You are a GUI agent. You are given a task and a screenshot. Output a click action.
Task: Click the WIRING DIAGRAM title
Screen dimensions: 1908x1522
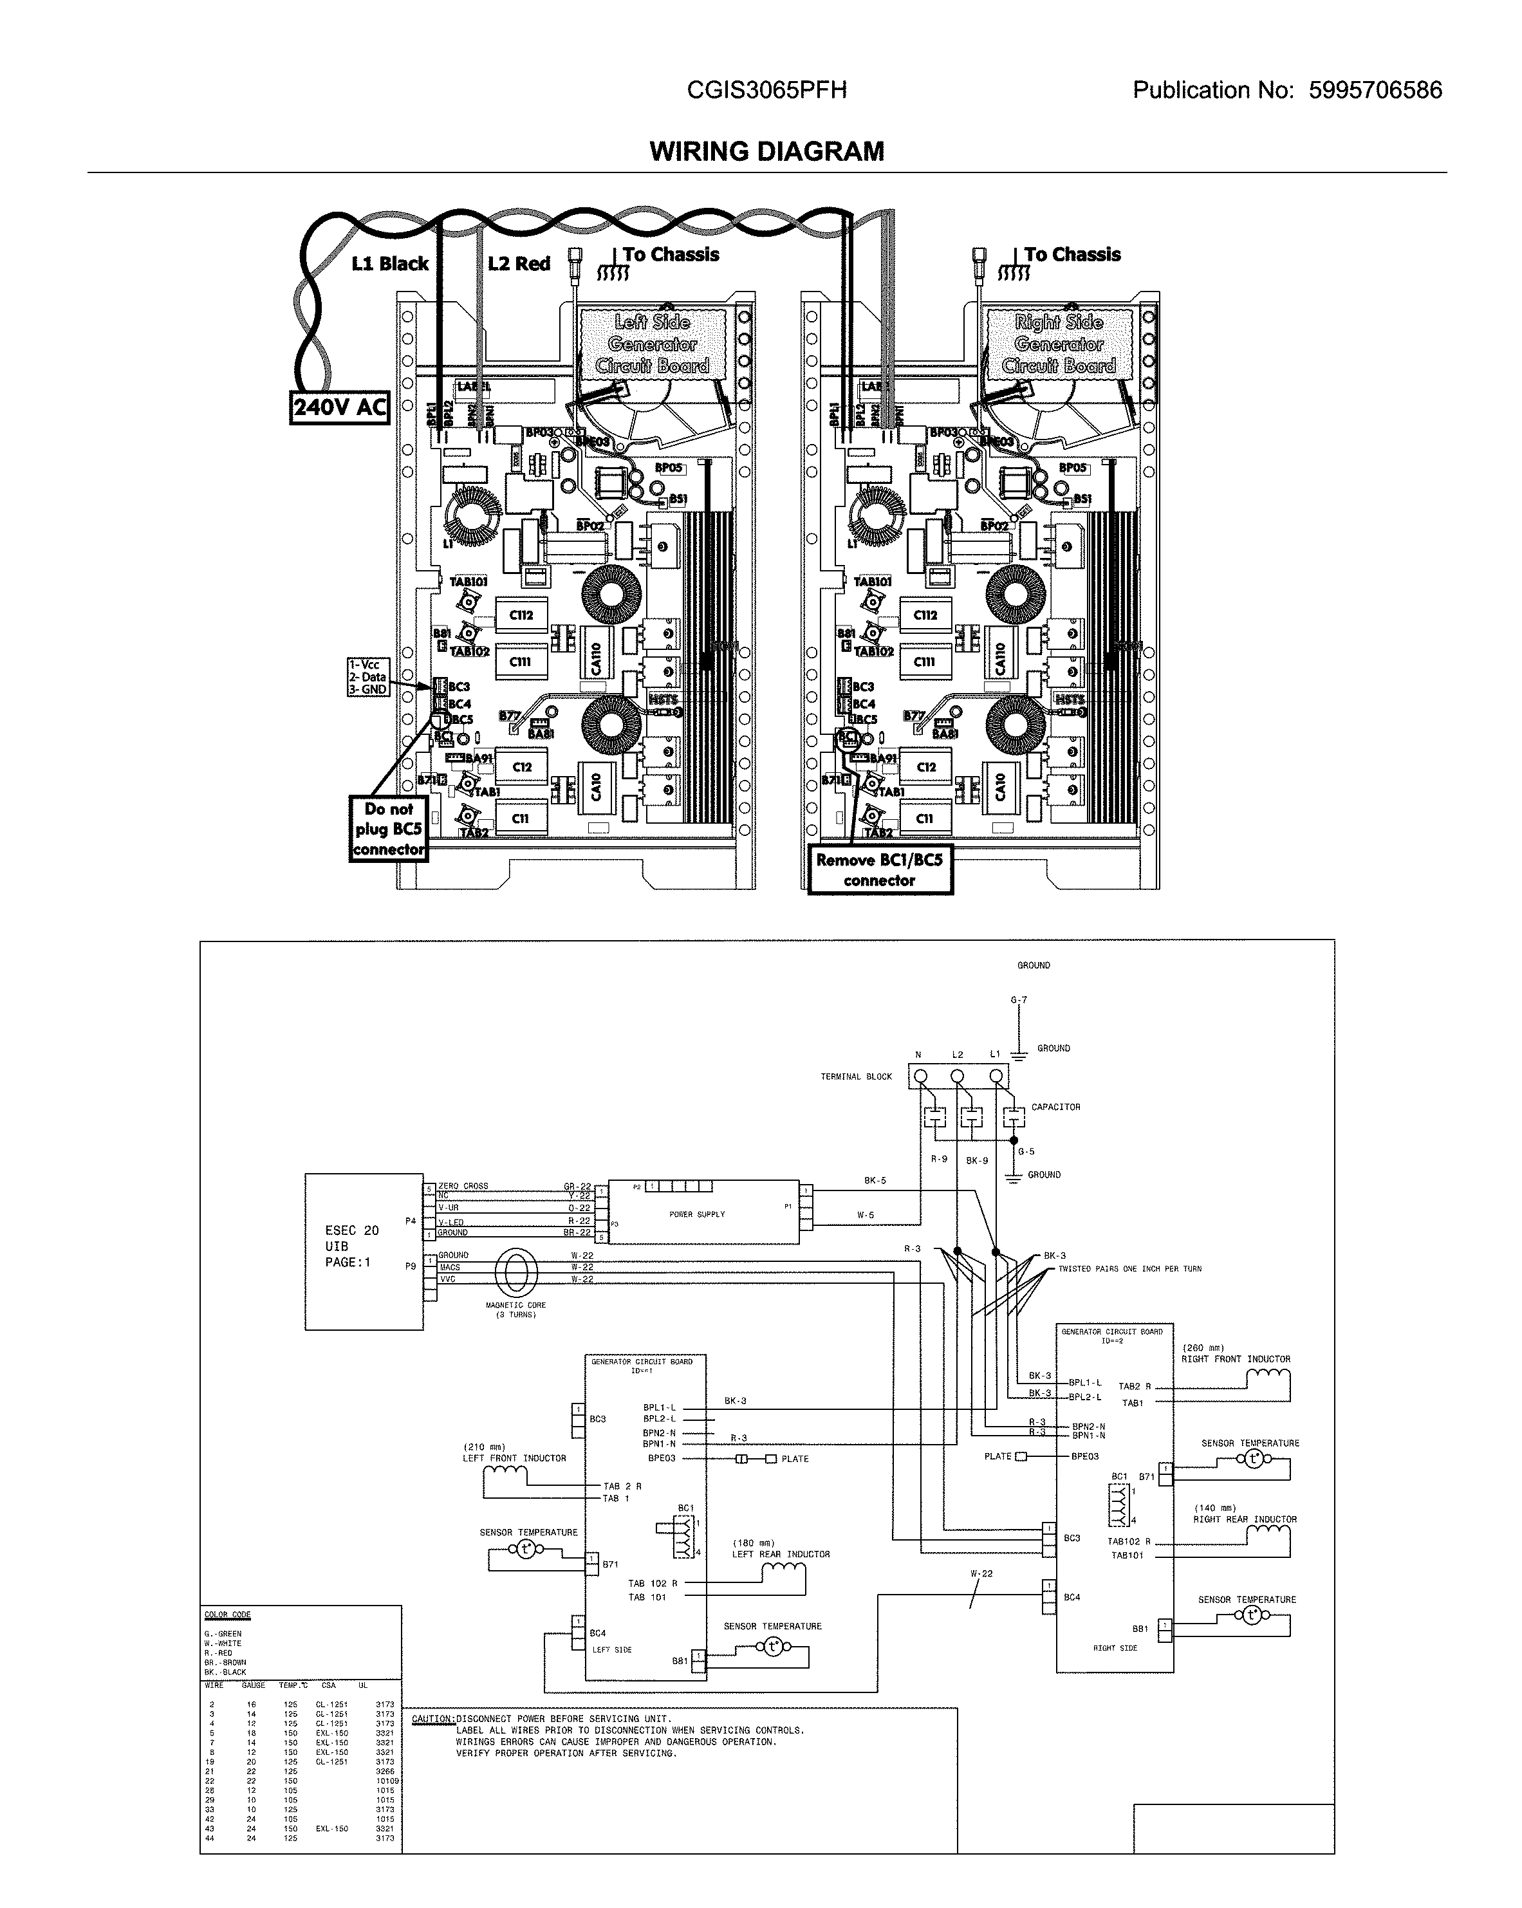point(766,151)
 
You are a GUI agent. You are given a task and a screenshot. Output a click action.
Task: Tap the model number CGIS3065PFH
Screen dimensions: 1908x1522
point(766,90)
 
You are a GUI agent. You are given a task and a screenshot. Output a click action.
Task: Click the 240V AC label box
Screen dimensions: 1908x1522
point(340,407)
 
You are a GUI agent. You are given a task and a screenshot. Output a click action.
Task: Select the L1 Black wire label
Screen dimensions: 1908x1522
point(389,264)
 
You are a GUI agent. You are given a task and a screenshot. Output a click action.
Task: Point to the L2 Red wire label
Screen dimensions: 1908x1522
point(519,264)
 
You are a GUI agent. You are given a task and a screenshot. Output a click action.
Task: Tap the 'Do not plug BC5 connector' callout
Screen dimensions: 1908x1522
point(389,829)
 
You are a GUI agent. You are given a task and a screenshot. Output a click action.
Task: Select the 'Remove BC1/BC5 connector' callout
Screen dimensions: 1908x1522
point(880,870)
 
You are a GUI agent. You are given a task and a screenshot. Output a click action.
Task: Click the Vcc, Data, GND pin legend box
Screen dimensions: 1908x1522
point(368,677)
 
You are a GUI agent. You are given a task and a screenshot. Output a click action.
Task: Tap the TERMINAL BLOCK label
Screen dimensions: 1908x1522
point(856,1077)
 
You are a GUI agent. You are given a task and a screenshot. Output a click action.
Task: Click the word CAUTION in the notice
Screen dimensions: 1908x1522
point(432,1719)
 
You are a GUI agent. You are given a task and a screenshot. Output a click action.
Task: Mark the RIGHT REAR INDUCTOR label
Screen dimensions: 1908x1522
point(1244,1519)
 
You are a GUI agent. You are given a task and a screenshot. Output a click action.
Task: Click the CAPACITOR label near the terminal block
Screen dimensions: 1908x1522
point(1055,1107)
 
